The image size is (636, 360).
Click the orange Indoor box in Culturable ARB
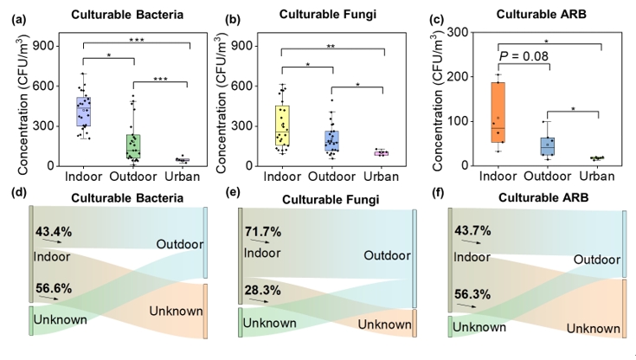[x=499, y=112]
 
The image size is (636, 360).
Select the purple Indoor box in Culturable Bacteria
[x=84, y=112]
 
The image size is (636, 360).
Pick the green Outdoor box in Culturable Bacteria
[x=133, y=145]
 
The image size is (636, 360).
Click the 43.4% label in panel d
[x=54, y=232]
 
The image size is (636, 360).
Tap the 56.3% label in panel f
[x=474, y=293]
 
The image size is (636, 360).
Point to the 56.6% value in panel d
[x=54, y=289]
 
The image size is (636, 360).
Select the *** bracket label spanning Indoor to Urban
[x=133, y=40]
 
